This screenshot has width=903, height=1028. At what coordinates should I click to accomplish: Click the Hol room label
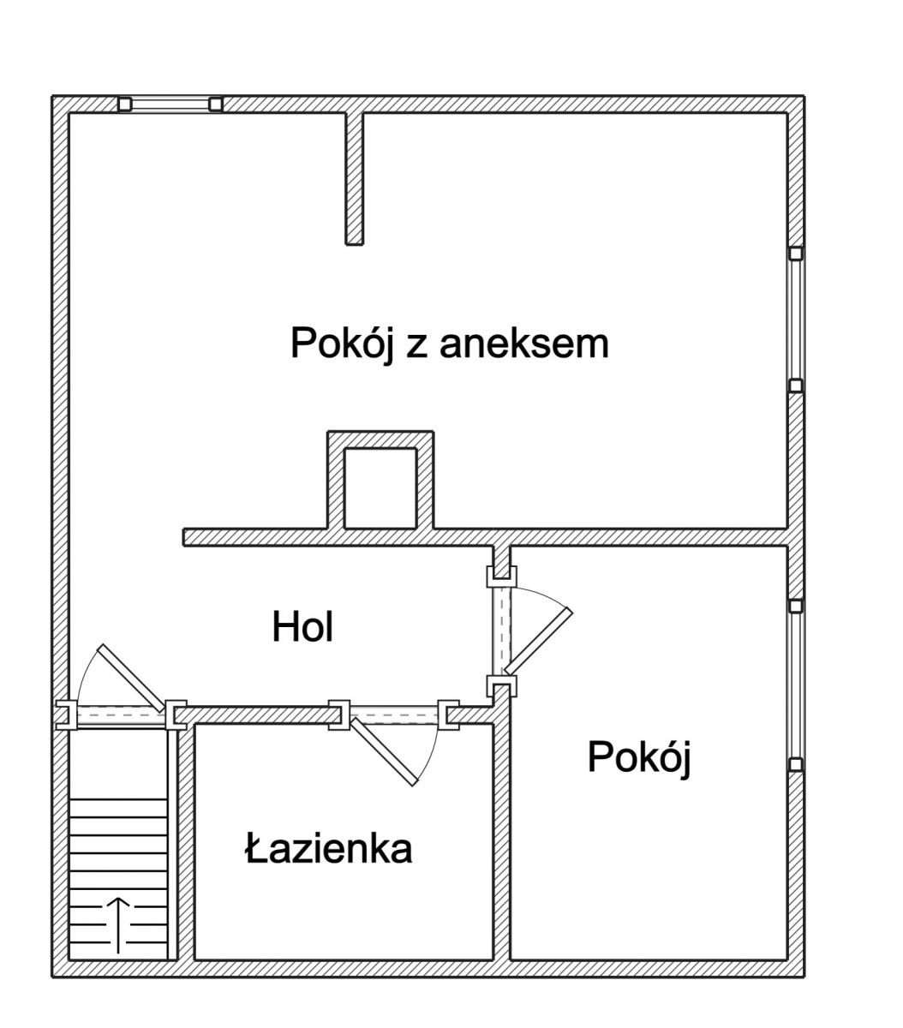(302, 627)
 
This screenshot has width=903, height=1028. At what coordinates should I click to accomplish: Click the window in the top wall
(170, 104)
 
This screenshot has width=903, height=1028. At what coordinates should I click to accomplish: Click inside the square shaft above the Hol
(380, 487)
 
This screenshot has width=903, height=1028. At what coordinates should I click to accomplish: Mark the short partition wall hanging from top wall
(355, 178)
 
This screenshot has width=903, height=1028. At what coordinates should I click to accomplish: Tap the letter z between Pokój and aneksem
(416, 348)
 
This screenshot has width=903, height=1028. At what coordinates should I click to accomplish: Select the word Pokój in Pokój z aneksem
(342, 345)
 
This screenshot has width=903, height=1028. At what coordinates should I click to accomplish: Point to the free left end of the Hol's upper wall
(184, 537)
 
